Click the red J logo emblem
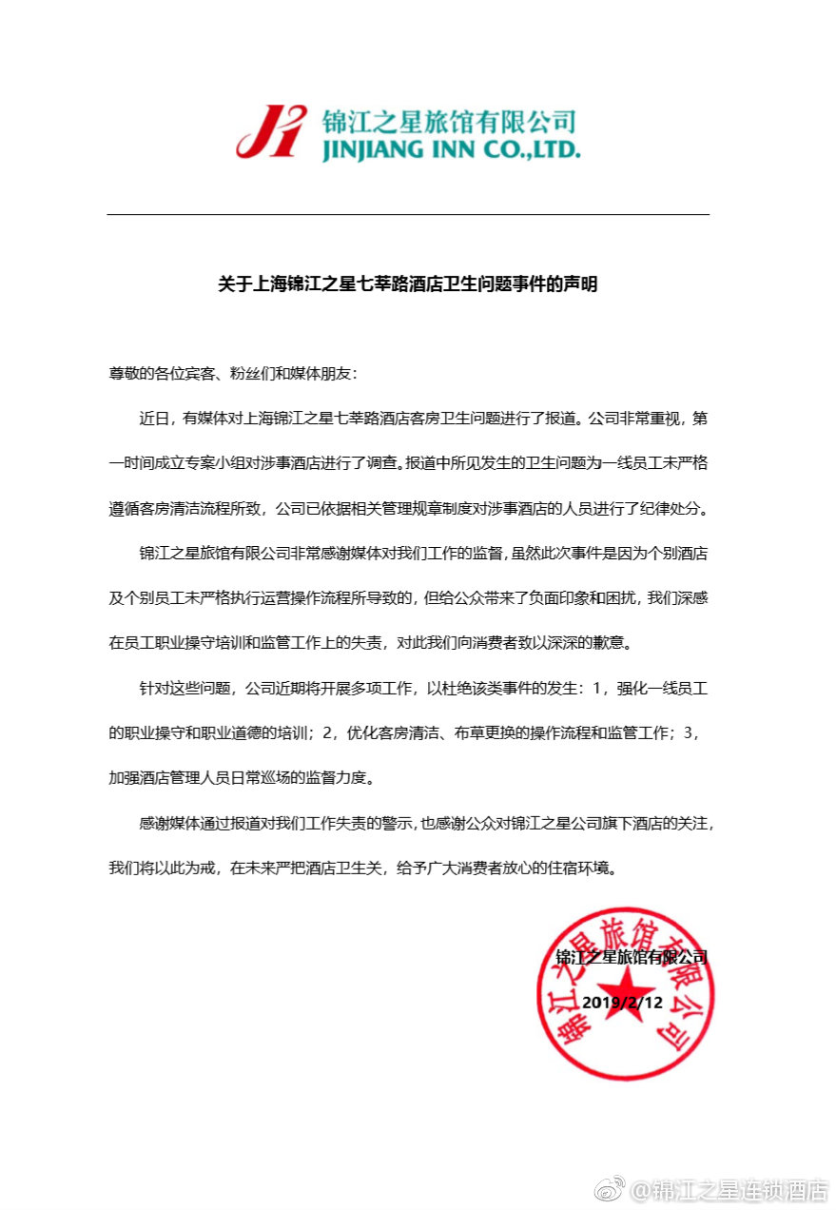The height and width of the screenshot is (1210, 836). click(271, 131)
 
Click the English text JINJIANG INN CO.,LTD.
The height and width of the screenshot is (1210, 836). click(451, 150)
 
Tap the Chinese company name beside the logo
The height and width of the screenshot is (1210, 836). click(449, 122)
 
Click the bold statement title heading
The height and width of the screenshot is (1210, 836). click(408, 283)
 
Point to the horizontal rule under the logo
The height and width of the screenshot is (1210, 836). click(408, 215)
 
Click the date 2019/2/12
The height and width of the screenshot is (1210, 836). click(622, 1003)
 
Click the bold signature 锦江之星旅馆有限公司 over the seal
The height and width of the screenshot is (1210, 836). click(632, 957)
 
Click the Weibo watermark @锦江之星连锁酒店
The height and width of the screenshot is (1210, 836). click(730, 1189)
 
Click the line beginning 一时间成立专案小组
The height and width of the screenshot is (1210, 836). click(408, 463)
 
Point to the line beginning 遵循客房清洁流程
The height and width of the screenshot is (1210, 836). click(408, 508)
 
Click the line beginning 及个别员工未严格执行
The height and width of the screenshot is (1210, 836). click(408, 597)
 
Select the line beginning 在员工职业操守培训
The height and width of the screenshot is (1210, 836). click(370, 642)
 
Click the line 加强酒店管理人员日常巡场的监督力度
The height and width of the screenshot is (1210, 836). click(242, 777)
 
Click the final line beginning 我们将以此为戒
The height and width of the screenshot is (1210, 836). click(370, 868)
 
